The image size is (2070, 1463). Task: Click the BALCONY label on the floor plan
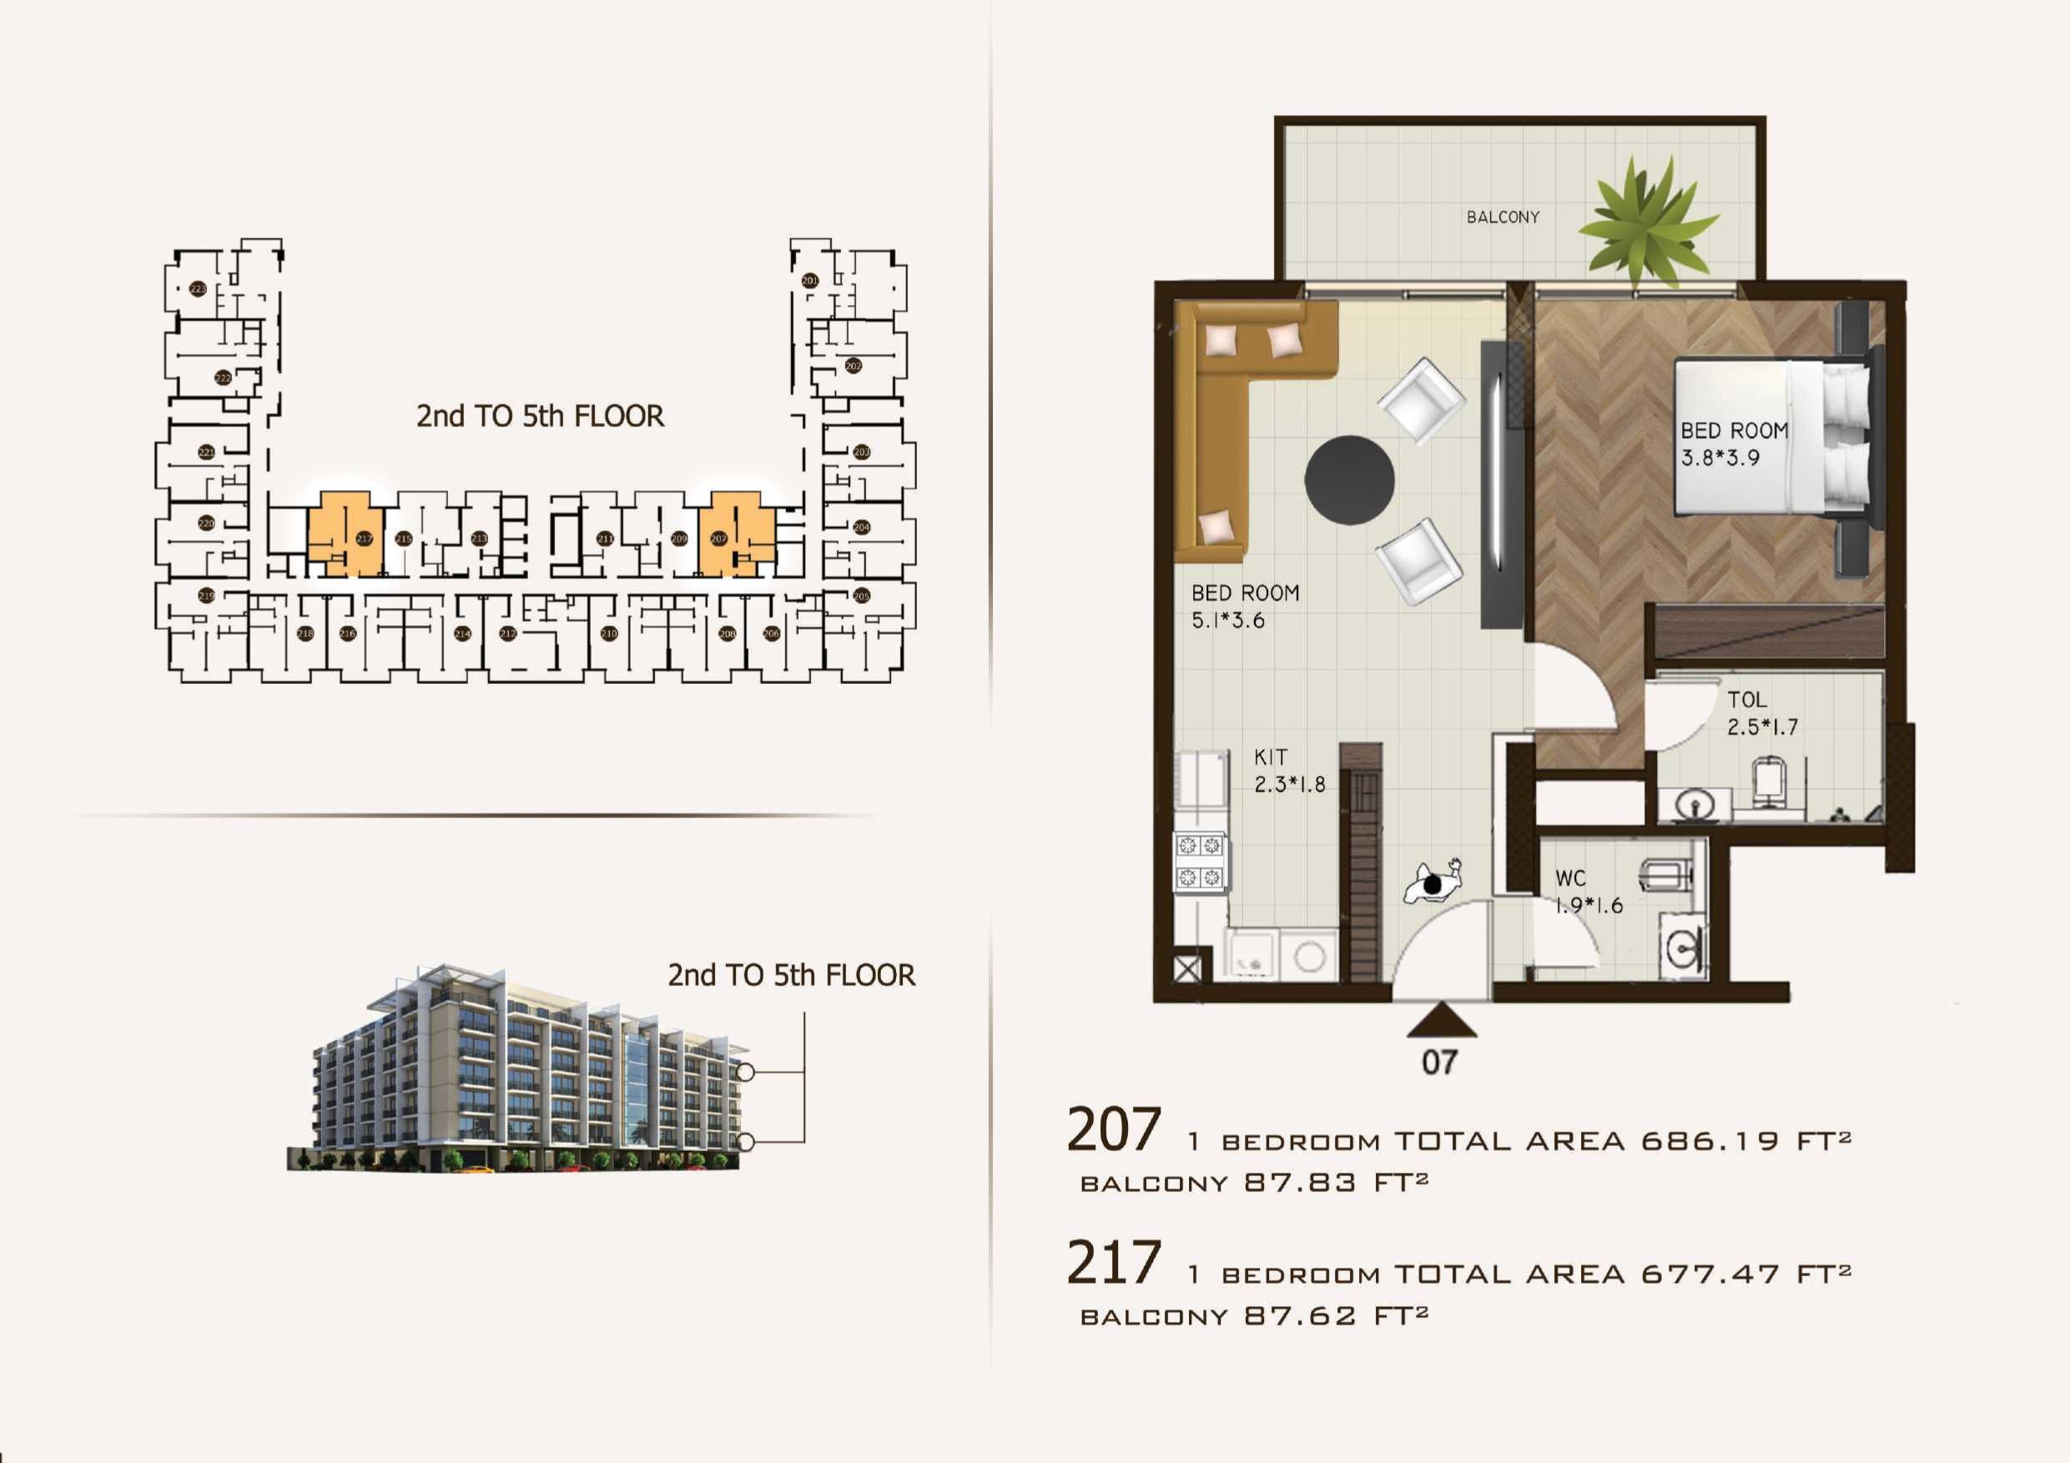coord(1503,217)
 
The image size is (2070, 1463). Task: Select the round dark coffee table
coord(1350,480)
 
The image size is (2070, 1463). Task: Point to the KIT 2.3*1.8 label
coord(1289,771)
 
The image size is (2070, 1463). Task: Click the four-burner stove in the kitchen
coord(1200,861)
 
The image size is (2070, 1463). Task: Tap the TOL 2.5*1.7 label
coord(1761,713)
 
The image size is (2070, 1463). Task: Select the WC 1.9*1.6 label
coord(1588,892)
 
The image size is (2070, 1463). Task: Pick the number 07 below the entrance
coord(1439,1063)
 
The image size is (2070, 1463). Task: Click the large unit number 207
coord(1115,1130)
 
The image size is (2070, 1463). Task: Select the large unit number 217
coord(1115,1263)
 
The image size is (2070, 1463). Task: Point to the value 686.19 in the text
coord(1710,1141)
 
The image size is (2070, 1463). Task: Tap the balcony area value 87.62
coord(1300,1316)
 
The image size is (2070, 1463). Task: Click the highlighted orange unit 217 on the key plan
coord(346,535)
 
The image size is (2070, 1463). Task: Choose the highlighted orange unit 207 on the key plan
coord(737,535)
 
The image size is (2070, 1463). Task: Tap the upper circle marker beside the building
coord(746,1073)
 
